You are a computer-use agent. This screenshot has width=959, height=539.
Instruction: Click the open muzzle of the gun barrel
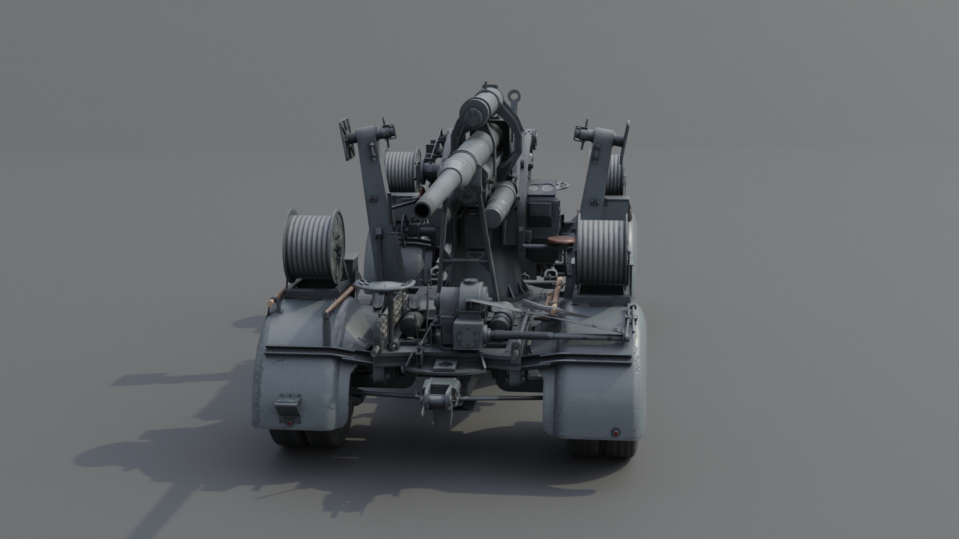426,210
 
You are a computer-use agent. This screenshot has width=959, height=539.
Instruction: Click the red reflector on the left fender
289,423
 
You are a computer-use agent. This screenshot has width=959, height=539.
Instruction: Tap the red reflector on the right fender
616,432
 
